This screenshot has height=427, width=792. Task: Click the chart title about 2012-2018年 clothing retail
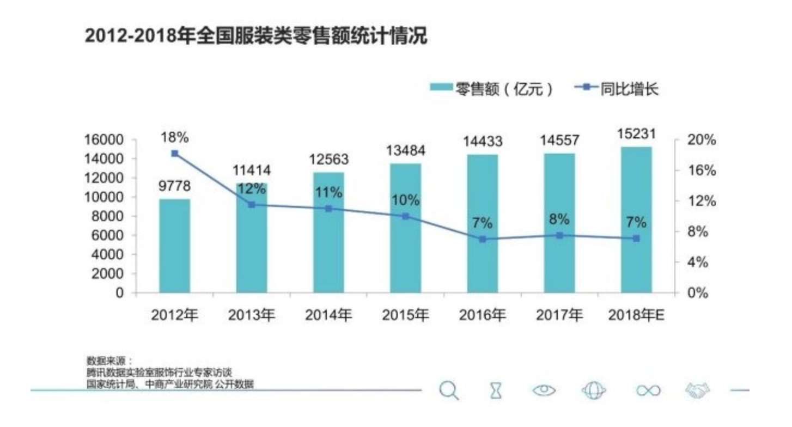(x=256, y=36)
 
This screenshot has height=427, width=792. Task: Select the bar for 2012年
(x=175, y=246)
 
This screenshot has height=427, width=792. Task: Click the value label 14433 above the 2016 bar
(x=483, y=142)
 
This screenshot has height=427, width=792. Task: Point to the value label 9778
(x=175, y=186)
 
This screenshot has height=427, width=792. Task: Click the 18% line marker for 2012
(x=175, y=154)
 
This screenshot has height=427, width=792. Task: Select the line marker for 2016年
(x=483, y=239)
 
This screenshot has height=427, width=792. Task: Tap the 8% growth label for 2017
(x=559, y=219)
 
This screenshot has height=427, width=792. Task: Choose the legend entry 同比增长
(x=619, y=89)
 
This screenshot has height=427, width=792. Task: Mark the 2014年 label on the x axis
(x=328, y=315)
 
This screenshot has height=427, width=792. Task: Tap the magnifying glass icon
(x=448, y=390)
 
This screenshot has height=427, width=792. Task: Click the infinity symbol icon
(x=648, y=391)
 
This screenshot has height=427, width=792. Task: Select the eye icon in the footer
(x=545, y=390)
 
